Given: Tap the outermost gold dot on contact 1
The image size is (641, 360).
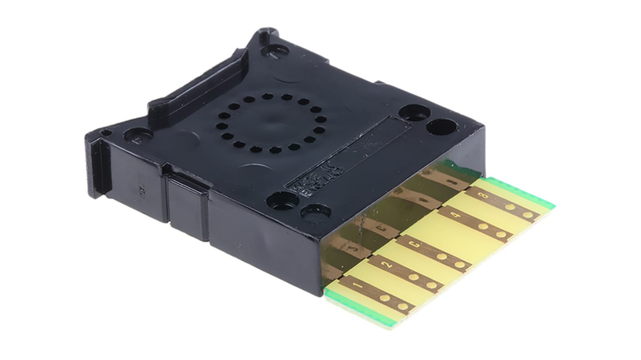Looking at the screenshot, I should [x=403, y=307].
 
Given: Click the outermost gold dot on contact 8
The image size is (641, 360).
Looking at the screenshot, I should [x=528, y=215].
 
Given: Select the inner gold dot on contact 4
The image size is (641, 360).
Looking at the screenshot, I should [x=483, y=226].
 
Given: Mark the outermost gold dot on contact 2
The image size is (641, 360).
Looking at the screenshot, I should [x=432, y=285].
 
